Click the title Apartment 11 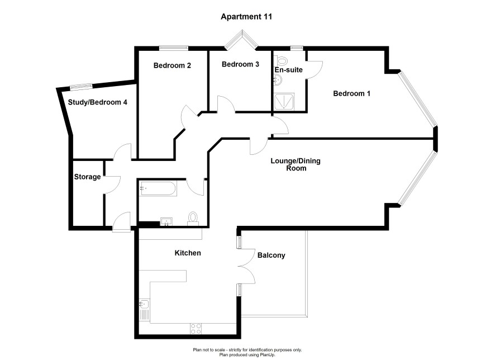pos(247,17)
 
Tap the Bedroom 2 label pos(173,65)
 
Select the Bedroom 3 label pos(240,64)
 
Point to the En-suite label pos(288,70)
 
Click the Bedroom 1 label pos(351,93)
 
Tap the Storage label pos(87,177)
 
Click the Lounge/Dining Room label pos(296,164)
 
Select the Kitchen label pos(188,253)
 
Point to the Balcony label pos(272,255)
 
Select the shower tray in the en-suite pos(285,102)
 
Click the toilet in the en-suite pos(282,60)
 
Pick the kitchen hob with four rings pos(197,328)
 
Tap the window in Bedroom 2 pos(173,48)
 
